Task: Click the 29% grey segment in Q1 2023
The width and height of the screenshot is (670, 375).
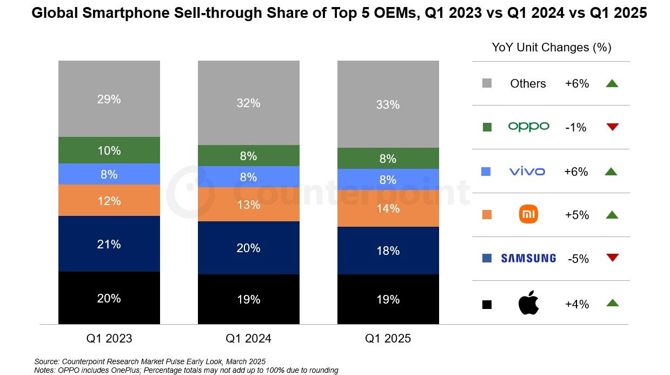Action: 109,99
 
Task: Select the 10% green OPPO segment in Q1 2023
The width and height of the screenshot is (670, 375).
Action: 109,150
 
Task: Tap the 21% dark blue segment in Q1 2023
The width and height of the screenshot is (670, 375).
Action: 109,244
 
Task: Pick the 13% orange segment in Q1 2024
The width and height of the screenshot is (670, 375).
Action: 248,205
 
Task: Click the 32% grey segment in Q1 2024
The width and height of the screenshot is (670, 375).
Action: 248,103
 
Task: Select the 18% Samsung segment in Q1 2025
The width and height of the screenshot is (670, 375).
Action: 388,251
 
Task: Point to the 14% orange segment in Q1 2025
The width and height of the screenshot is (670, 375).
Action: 388,208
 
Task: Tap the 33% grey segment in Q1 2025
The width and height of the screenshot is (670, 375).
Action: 388,104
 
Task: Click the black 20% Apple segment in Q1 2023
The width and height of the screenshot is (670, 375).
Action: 109,298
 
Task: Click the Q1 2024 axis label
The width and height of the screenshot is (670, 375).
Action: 248,339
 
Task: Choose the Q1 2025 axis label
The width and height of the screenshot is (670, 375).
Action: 388,339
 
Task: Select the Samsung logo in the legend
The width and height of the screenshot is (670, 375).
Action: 528,259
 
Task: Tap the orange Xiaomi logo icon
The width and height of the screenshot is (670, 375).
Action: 528,215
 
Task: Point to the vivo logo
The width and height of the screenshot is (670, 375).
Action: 527,172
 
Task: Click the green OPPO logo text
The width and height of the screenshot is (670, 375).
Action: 528,127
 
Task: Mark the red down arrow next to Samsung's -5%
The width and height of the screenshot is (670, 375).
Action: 612,258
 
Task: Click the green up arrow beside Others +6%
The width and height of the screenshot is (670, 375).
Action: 612,83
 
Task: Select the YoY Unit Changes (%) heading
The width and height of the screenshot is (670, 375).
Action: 551,48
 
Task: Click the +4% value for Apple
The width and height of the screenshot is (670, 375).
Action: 576,304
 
